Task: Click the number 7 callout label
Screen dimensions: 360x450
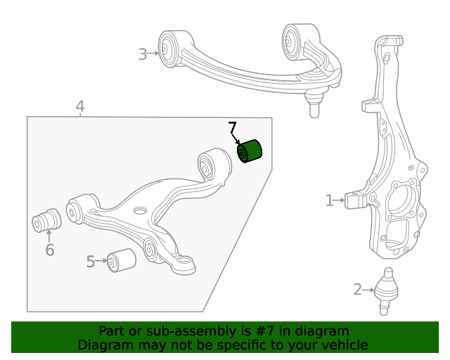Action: pyautogui.click(x=233, y=128)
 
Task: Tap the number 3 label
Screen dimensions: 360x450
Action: pyautogui.click(x=143, y=54)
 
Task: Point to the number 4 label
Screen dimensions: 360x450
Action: pyautogui.click(x=80, y=107)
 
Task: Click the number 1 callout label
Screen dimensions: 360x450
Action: pyautogui.click(x=329, y=201)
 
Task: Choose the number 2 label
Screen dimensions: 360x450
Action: pyautogui.click(x=358, y=289)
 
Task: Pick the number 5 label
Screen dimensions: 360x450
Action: pyautogui.click(x=91, y=262)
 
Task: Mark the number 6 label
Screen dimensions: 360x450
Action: pyautogui.click(x=49, y=250)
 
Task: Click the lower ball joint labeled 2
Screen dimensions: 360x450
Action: pyautogui.click(x=385, y=288)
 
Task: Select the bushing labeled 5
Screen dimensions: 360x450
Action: pyautogui.click(x=121, y=260)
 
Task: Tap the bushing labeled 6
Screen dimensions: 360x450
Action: pyautogui.click(x=48, y=219)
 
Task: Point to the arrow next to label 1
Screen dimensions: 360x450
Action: pyautogui.click(x=340, y=201)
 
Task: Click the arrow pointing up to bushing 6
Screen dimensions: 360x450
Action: pyautogui.click(x=49, y=236)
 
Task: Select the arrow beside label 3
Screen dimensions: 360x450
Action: pyautogui.click(x=154, y=53)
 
